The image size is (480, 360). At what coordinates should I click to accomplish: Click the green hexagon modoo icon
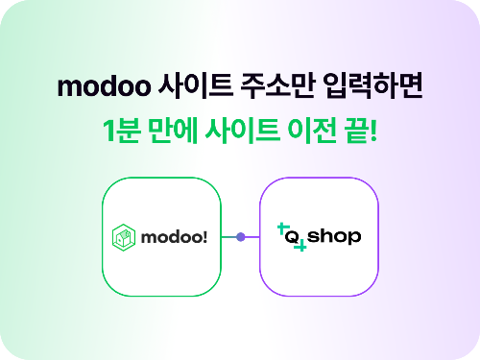point(125,236)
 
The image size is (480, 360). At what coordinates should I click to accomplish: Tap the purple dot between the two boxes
point(241,236)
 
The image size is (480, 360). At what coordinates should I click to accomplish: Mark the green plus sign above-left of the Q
point(282,228)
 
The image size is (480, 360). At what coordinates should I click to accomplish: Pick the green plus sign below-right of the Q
point(301,248)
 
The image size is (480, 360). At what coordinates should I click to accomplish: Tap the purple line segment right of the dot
point(252,236)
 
